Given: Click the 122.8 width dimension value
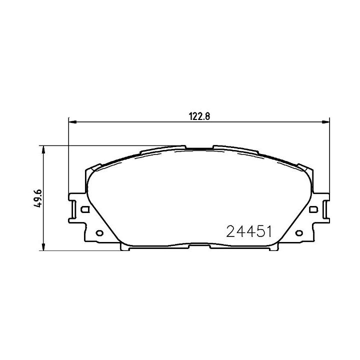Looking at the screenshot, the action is click(x=199, y=116).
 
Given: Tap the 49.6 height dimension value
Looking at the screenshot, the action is click(x=38, y=198).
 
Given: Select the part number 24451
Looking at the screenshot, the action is click(x=249, y=231).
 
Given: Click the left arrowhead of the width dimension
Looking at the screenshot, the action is click(x=73, y=122).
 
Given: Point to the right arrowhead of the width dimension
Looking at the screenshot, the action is click(x=325, y=122).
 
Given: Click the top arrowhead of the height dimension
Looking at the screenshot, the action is click(x=43, y=149).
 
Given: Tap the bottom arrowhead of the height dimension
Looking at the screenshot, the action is click(x=43, y=246).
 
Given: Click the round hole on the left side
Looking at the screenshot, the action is click(x=99, y=233).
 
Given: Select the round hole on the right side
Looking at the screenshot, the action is click(x=299, y=233).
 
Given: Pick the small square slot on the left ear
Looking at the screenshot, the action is click(x=85, y=209).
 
